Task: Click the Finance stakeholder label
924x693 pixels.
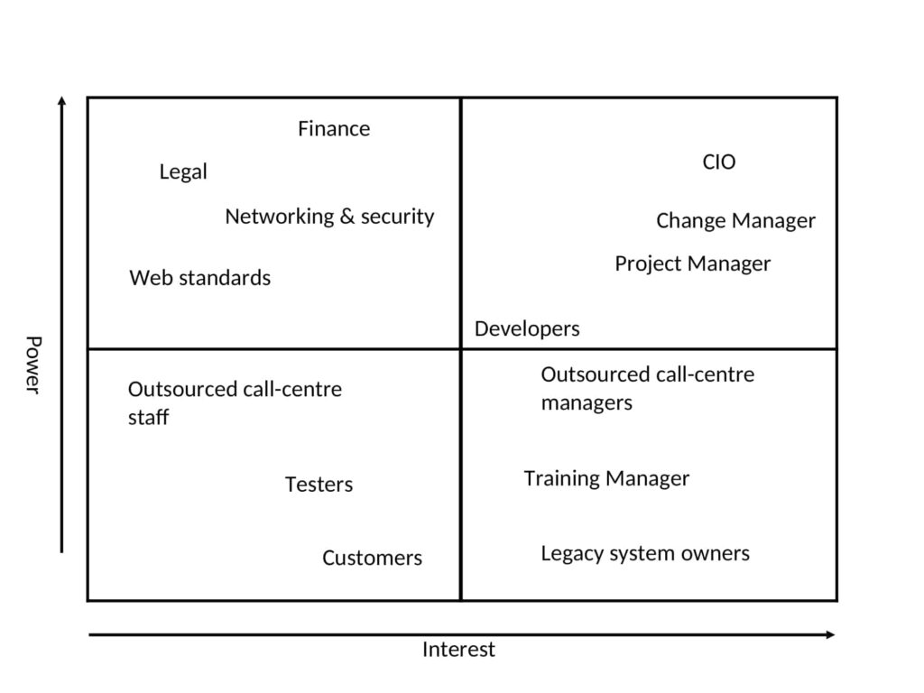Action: point(334,128)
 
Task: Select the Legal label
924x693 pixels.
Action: point(183,172)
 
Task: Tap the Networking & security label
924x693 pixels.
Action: point(330,217)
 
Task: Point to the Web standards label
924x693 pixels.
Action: point(200,278)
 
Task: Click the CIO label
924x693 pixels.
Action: point(719,162)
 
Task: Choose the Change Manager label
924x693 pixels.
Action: point(736,221)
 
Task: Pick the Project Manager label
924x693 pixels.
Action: point(693,264)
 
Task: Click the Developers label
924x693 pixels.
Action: point(527,328)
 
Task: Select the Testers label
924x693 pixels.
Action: point(319,485)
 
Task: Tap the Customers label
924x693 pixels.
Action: point(373,558)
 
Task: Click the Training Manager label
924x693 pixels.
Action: point(607,478)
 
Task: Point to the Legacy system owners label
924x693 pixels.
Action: point(646,554)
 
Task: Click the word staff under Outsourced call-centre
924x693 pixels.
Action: point(149,417)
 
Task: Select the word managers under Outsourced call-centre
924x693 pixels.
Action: point(587,403)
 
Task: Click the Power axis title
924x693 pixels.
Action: point(33,365)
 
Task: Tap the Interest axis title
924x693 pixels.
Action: point(459,650)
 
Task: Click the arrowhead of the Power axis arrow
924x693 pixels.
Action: point(62,100)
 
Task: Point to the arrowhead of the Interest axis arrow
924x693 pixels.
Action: point(831,634)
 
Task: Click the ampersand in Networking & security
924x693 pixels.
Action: point(347,217)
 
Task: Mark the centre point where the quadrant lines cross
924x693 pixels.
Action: point(461,349)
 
